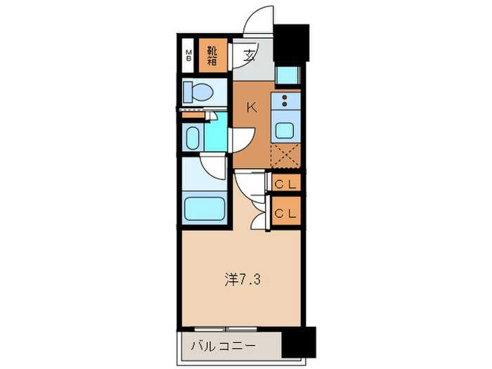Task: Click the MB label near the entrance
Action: pyautogui.click(x=188, y=56)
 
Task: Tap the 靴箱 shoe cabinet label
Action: pyautogui.click(x=212, y=56)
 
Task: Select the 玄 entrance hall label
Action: pyautogui.click(x=250, y=56)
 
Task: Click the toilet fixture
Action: pyautogui.click(x=198, y=91)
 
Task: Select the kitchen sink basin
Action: pyautogui.click(x=287, y=130)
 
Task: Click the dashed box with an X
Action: pyautogui.click(x=287, y=155)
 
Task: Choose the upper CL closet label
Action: pyautogui.click(x=286, y=185)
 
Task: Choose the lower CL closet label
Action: pyautogui.click(x=286, y=212)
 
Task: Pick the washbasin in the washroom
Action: pyautogui.click(x=193, y=137)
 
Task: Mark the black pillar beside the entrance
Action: pyautogui.click(x=291, y=44)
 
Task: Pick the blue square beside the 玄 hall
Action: pyautogui.click(x=287, y=75)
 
